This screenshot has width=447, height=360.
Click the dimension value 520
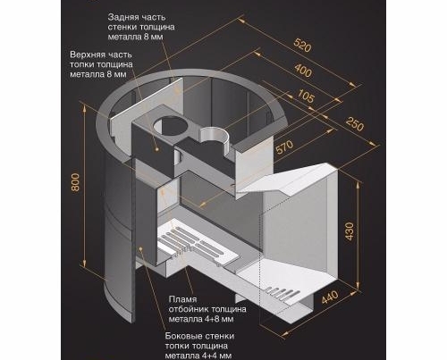[x=302, y=46]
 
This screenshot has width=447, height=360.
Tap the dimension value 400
[x=303, y=71]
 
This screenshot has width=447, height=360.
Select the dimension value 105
[x=306, y=96]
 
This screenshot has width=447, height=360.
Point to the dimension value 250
[x=355, y=123]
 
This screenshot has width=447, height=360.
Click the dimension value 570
[x=285, y=147]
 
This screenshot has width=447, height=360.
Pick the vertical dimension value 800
[x=76, y=182]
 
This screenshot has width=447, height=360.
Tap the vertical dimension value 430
[x=350, y=230]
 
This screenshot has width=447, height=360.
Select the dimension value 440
[x=330, y=297]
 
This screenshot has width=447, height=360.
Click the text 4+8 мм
[x=219, y=319]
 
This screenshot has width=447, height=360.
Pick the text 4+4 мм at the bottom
[x=217, y=356]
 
